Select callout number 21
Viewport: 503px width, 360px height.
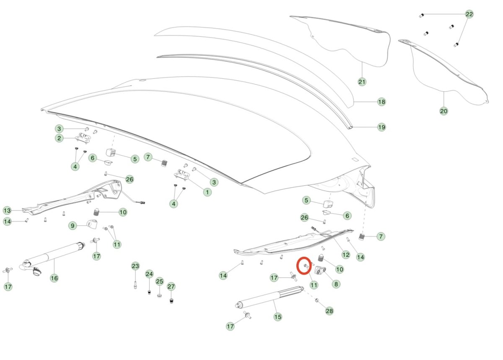pos(362,82)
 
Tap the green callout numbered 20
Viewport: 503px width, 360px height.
pos(444,111)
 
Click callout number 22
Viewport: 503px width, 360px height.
pos(469,14)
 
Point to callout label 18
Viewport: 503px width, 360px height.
pos(382,102)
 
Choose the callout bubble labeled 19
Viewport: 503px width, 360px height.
pos(382,127)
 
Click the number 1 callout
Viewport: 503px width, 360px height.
pos(207,192)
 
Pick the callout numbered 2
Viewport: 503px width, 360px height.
pos(59,138)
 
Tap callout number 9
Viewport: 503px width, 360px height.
pos(73,226)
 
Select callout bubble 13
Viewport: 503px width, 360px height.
pos(7,211)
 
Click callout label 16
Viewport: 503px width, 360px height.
pos(54,278)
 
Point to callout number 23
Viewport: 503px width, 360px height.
pos(135,266)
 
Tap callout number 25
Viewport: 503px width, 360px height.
pos(160,282)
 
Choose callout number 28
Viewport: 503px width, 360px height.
pos(329,311)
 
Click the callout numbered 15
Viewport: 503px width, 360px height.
pos(278,317)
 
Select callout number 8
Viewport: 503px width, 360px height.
pos(336,284)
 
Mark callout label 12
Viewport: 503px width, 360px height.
pos(346,255)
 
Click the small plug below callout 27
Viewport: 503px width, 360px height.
pos(171,301)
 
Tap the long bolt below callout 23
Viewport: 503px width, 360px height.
pos(135,285)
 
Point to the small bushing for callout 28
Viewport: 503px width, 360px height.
pos(317,300)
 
